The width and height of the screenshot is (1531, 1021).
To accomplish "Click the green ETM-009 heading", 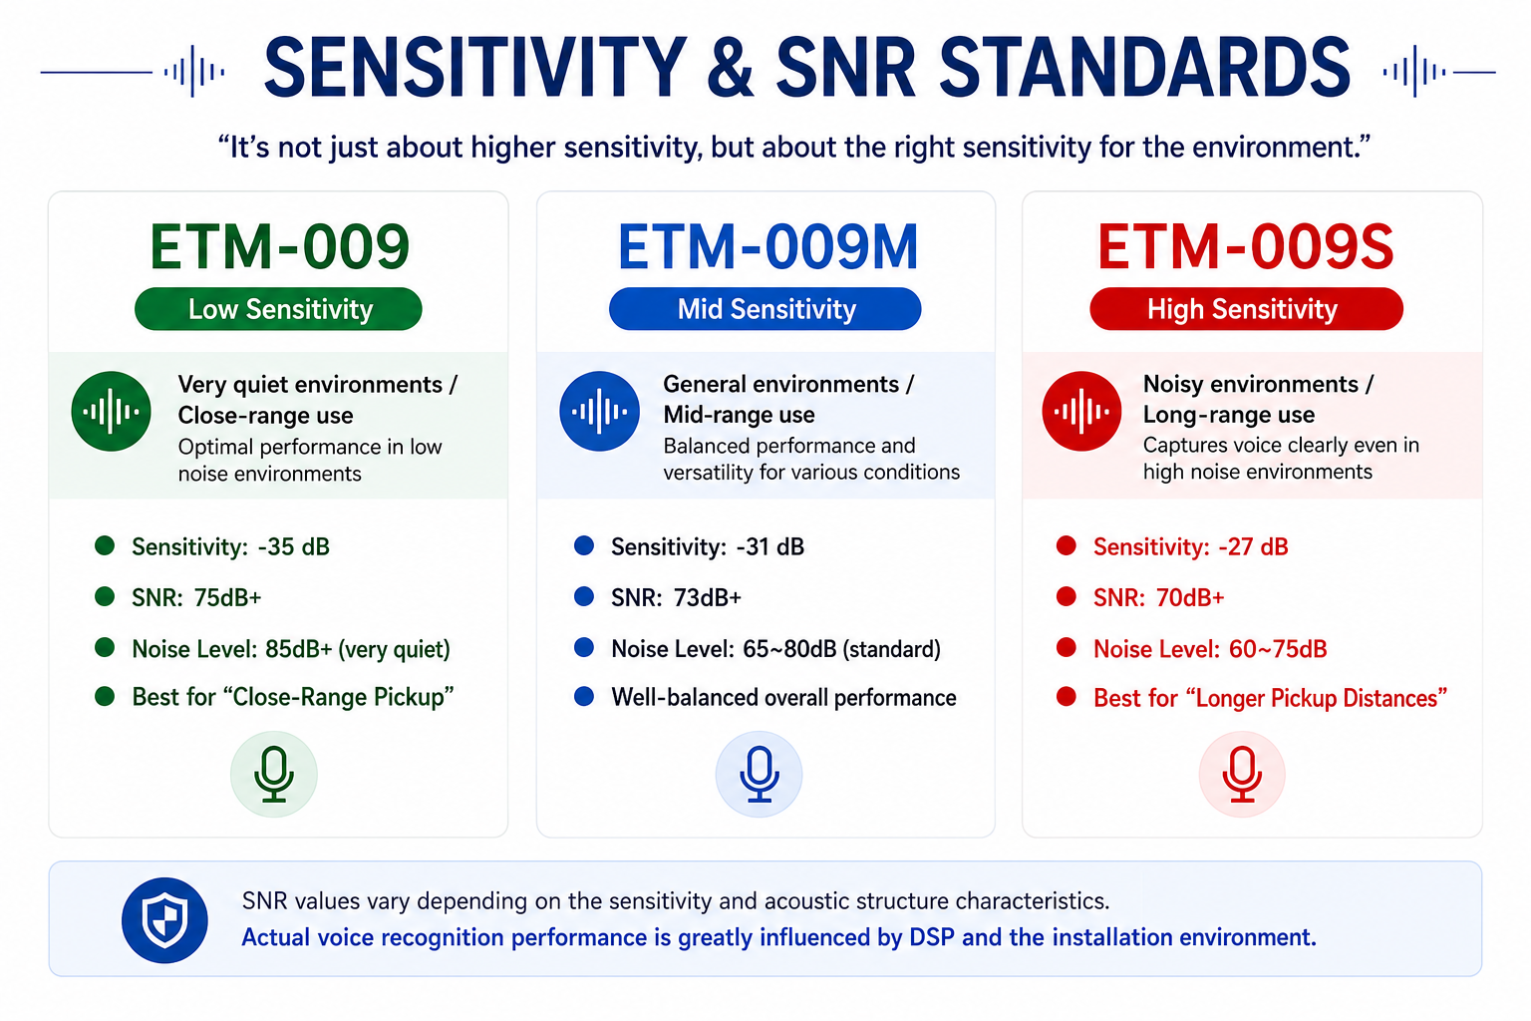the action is pos(279,246).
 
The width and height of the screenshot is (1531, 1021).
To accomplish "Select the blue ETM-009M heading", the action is pos(766,246).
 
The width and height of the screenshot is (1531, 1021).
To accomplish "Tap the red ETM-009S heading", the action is pos(1245,246).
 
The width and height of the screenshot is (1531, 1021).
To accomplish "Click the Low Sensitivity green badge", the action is pos(278,309).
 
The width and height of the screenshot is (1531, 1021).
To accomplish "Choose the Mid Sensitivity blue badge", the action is pos(765,309).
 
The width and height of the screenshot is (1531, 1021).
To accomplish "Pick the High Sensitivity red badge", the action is pos(1246,309).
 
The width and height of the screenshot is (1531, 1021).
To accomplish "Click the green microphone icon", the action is pos(274,774).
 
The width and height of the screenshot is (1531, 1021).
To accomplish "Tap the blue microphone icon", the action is pos(759,774).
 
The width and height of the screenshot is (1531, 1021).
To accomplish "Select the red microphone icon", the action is pos(1242,774).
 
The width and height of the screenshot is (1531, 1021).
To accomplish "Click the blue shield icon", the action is pos(164,920).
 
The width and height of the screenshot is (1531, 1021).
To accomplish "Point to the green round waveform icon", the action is pos(111,411).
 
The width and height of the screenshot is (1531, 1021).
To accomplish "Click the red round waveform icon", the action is pos(1081,411).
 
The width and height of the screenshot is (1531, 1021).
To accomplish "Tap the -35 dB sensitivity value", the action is pos(294,547).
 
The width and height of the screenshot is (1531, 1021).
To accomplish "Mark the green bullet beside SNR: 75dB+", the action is pos(105,596).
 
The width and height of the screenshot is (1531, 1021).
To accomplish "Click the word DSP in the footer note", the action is pos(932,937).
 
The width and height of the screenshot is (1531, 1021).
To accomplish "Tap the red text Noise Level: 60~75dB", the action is pos(1210,649).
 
